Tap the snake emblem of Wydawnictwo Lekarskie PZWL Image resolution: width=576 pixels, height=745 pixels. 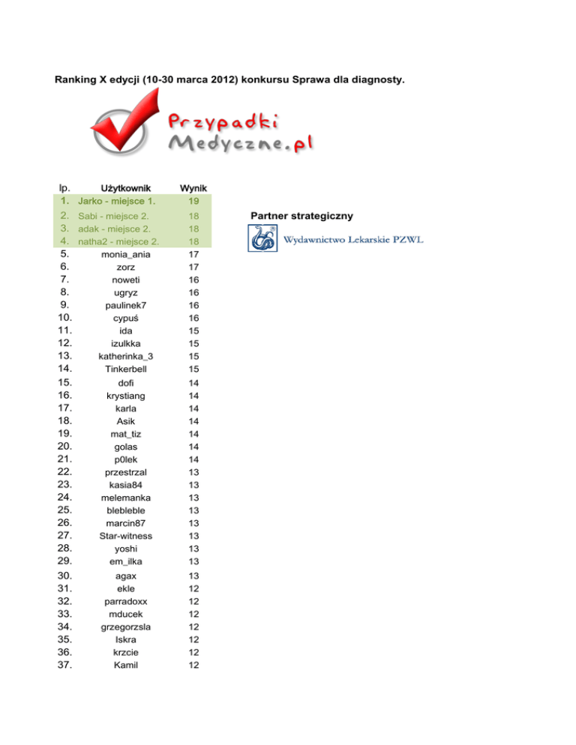coord(262,239)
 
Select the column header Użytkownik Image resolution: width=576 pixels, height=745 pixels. coord(126,187)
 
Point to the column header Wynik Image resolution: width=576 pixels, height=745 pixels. coord(193,187)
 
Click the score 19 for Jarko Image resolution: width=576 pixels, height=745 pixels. coord(193,201)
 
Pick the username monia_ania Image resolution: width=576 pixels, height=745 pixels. coord(126,254)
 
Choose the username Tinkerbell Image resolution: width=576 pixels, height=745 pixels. coord(126,369)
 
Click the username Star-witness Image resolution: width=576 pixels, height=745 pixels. coord(126,535)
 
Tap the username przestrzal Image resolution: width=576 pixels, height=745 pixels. coord(126,471)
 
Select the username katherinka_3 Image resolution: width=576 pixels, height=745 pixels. coord(126,356)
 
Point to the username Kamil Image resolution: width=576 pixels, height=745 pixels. coord(126,664)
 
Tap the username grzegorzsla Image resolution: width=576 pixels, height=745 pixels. coord(126,626)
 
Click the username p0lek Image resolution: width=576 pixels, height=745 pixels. coord(126,459)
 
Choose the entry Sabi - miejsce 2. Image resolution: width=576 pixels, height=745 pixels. coord(113,216)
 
